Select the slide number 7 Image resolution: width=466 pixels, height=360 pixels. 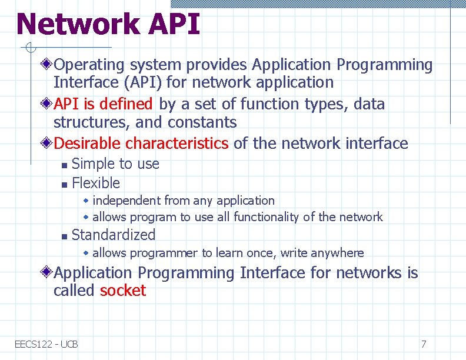pos(423,344)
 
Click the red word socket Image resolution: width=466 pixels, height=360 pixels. pos(123,291)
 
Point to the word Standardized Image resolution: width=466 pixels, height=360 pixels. pos(114,235)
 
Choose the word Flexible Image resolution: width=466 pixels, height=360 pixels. pos(95,183)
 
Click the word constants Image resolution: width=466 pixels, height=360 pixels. pos(202,122)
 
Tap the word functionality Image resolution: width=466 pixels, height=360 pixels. pos(266,217)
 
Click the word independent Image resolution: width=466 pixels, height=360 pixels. pos(127,201)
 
